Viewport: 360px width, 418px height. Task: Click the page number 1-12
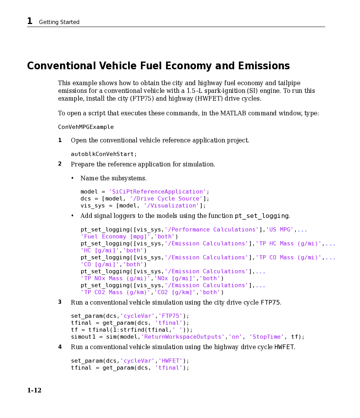(34, 390)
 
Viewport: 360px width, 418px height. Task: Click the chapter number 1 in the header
(29, 21)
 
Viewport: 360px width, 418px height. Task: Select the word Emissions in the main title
(264, 66)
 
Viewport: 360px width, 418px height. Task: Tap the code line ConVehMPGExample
(86, 127)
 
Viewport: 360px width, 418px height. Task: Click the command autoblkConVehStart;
(104, 154)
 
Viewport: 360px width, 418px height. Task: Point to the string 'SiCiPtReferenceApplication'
(157, 192)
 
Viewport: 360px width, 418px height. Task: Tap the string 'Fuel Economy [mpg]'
(115, 236)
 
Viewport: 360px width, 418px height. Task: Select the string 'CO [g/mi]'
(100, 264)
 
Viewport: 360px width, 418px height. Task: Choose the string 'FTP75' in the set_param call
(170, 316)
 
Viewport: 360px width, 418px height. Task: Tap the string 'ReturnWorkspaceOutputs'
(183, 337)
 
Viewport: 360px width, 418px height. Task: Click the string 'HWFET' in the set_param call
(170, 361)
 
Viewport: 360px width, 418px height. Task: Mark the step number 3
(60, 302)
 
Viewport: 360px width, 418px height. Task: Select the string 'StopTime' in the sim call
(266, 337)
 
